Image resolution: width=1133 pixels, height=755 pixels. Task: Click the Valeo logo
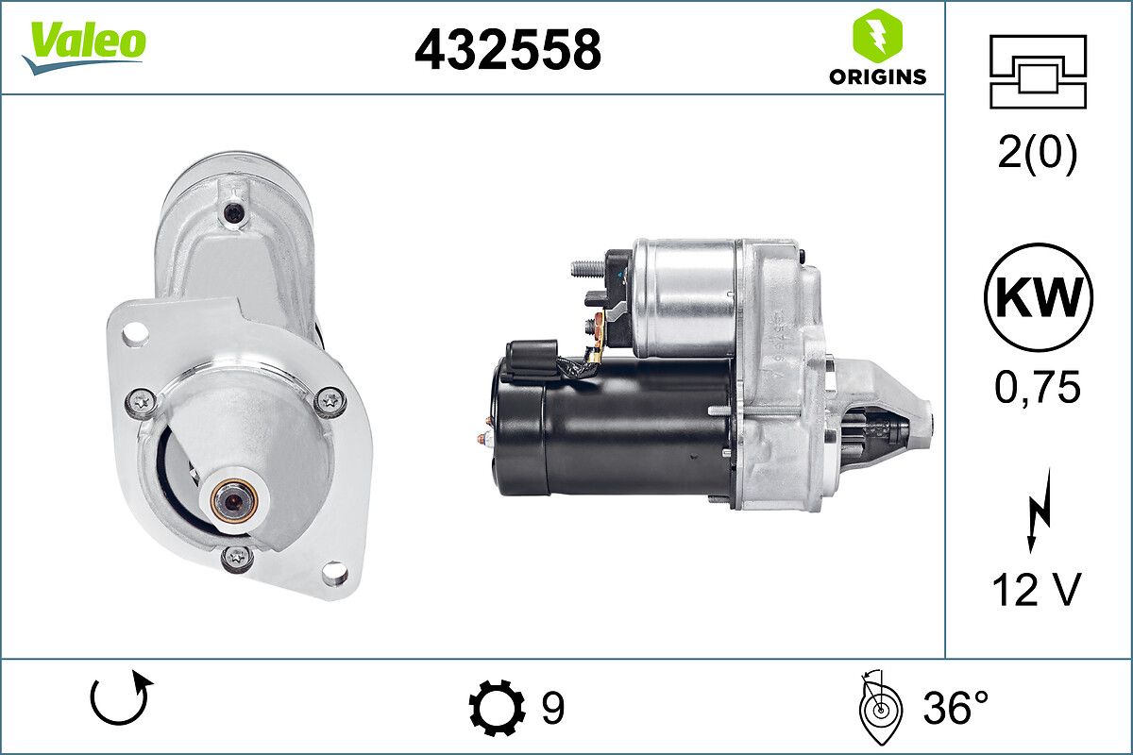[84, 47]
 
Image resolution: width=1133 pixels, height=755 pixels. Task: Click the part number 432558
[508, 50]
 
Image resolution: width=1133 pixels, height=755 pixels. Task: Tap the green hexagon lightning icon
[877, 33]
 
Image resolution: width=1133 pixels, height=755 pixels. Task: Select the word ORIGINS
[877, 76]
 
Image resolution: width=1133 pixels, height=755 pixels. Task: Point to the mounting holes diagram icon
[1038, 72]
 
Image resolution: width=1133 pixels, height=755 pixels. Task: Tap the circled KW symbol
[1039, 297]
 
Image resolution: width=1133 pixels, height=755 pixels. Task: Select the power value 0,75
[1038, 388]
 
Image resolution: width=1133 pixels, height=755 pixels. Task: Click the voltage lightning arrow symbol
[1039, 510]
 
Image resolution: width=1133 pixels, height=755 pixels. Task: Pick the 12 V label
[1037, 590]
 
